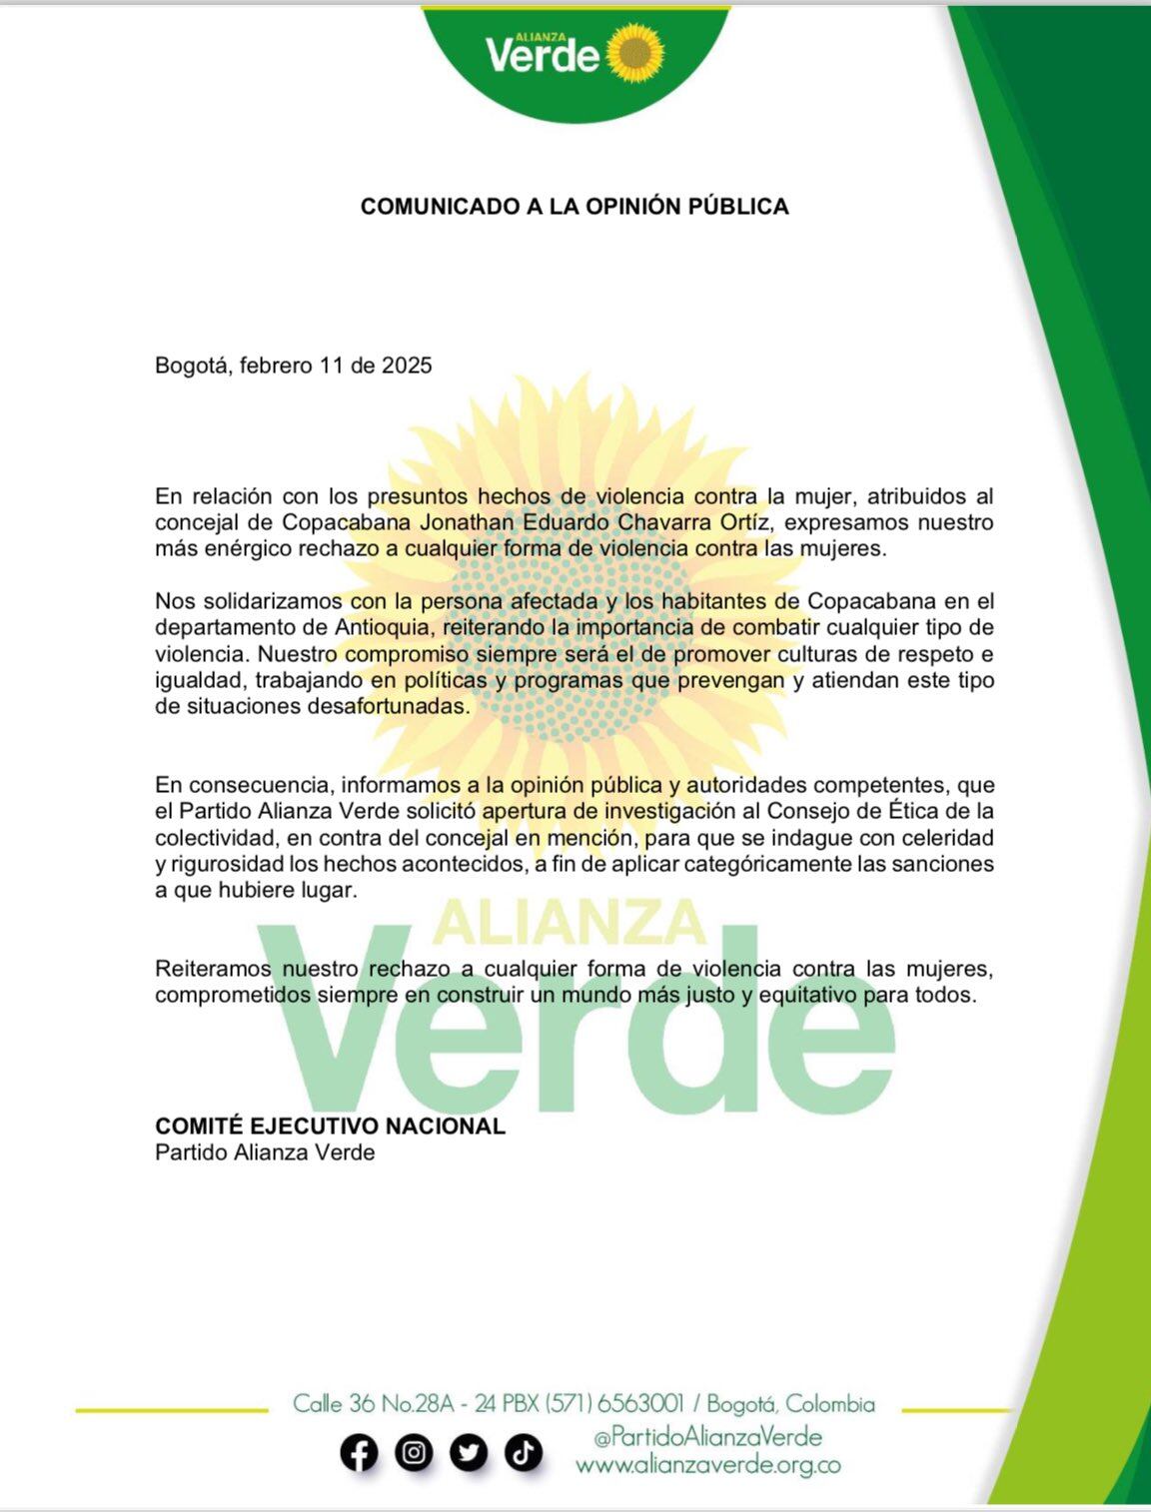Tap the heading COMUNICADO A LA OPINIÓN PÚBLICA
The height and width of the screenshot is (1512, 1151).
click(x=575, y=207)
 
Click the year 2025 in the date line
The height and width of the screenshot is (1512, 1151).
click(x=408, y=366)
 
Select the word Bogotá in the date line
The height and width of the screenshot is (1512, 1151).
click(x=194, y=366)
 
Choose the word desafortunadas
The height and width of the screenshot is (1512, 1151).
click(x=398, y=706)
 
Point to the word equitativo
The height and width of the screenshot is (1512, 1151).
click(x=808, y=995)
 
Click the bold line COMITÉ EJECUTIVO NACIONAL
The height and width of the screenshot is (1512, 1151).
click(x=330, y=1127)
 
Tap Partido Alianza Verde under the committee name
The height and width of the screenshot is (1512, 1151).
click(x=265, y=1152)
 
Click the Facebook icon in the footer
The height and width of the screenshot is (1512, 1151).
click(x=360, y=1453)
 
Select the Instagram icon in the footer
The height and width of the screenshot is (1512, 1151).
click(x=414, y=1453)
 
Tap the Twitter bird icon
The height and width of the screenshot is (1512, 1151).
click(x=468, y=1453)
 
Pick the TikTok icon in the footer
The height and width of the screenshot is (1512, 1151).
click(x=522, y=1453)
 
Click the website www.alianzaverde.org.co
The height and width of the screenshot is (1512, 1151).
click(x=707, y=1465)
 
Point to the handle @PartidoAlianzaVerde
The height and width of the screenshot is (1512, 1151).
click(x=707, y=1437)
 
